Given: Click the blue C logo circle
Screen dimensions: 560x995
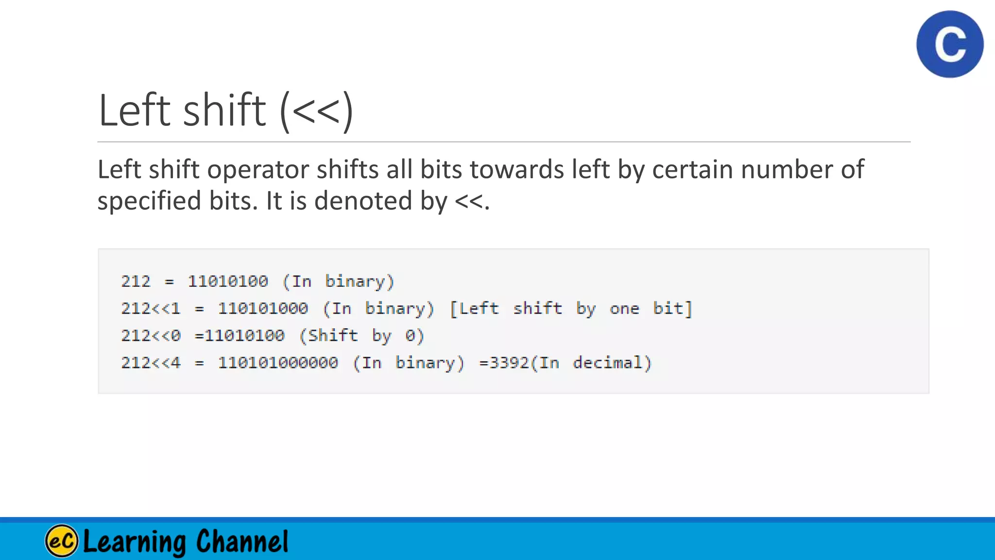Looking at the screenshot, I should coord(950,44).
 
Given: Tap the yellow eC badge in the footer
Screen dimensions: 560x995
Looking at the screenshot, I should coord(62,541).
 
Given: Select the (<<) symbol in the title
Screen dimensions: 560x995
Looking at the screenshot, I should coord(316,111).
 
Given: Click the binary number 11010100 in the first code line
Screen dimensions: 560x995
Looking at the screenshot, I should coord(228,281).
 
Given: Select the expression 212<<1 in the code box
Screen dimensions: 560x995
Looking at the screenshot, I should coord(151,309).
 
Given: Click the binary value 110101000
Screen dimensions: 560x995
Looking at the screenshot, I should coord(263,309).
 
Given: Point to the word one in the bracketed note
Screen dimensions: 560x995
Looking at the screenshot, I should coord(624,309).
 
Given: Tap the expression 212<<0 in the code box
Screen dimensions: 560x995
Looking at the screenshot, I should coord(151,336).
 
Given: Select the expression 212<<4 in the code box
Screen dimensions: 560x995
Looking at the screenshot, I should coord(151,363).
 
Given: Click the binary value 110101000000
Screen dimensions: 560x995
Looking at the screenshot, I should coord(278,363).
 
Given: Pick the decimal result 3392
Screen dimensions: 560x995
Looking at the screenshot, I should coord(509,363).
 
